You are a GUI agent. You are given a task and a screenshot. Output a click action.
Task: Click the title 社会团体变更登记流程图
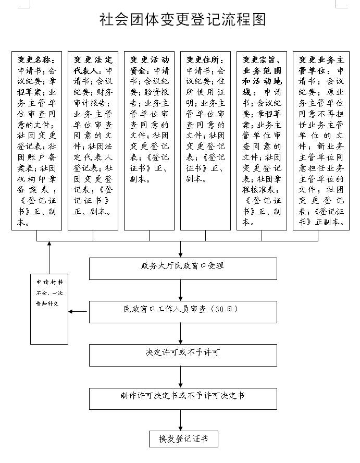(182, 19)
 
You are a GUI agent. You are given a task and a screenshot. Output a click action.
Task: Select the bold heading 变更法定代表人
(93, 64)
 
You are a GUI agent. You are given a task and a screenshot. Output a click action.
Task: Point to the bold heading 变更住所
(201, 59)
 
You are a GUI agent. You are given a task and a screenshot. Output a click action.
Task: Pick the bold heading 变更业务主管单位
(318, 64)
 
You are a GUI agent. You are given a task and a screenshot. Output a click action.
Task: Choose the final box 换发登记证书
(182, 439)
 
